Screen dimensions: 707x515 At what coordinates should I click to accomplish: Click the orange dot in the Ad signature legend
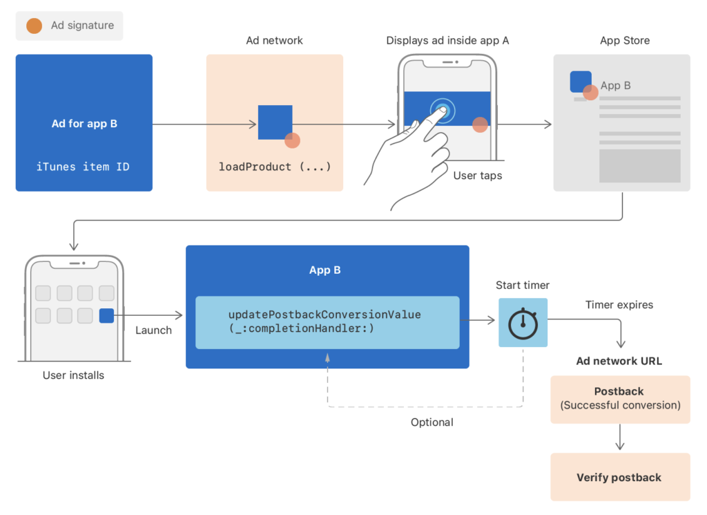(35, 26)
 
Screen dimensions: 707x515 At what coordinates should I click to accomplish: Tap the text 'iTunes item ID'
(83, 167)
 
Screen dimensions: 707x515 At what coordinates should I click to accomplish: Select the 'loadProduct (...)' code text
(275, 167)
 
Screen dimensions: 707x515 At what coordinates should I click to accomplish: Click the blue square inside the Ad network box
(275, 122)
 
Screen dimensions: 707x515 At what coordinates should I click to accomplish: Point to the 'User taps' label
(478, 176)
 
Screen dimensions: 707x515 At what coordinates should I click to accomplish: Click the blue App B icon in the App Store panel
(581, 82)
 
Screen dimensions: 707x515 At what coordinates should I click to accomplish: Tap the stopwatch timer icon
(523, 323)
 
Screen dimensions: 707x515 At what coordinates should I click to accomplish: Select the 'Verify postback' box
(620, 477)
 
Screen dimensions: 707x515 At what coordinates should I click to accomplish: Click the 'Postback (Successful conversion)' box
(620, 400)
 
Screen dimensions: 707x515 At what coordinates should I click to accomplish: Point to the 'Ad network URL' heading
(619, 361)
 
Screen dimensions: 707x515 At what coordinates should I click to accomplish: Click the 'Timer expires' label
(619, 305)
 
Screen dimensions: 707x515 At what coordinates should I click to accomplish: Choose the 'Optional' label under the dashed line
(432, 422)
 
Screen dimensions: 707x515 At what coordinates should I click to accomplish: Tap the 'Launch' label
(153, 330)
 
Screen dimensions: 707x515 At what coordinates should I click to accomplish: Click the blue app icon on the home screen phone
(106, 315)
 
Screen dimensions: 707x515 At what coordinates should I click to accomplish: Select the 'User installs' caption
(73, 375)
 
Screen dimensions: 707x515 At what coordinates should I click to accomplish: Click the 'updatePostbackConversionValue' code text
(325, 315)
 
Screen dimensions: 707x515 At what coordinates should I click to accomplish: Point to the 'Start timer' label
(523, 285)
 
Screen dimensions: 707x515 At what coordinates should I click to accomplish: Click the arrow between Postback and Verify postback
(620, 437)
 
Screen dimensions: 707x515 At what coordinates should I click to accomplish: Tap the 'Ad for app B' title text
(84, 124)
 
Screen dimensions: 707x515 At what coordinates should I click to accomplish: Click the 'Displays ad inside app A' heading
(447, 41)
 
